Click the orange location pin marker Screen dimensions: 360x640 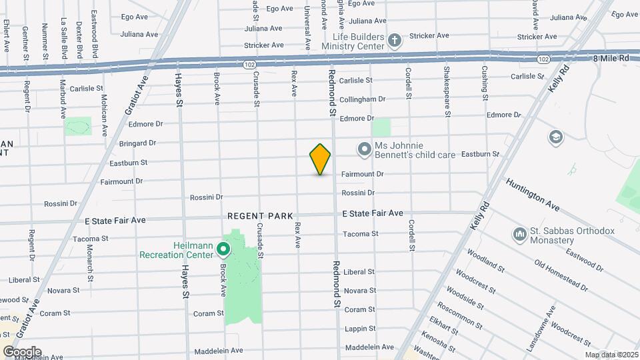(x=320, y=159)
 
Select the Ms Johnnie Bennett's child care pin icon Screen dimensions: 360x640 (x=364, y=149)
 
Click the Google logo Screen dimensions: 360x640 (x=22, y=351)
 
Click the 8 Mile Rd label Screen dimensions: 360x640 (x=610, y=59)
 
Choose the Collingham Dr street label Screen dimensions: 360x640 (x=362, y=99)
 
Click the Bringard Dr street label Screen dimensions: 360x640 (x=137, y=143)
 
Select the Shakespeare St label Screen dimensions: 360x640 (x=447, y=89)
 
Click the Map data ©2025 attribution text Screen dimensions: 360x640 (x=611, y=355)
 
